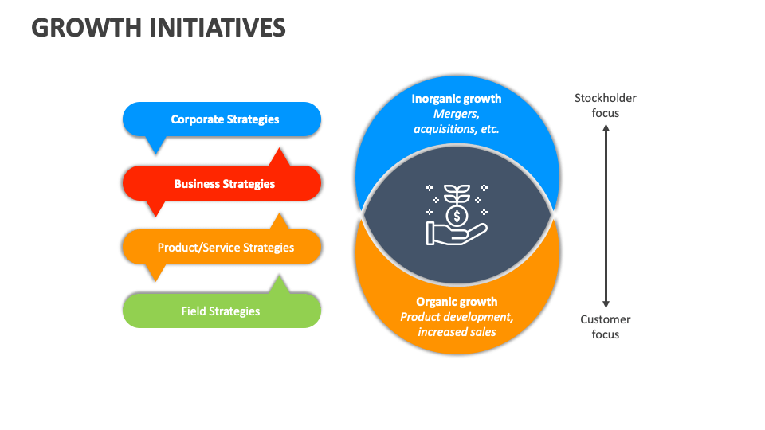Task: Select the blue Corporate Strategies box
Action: point(222,119)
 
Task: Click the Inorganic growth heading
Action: point(457,99)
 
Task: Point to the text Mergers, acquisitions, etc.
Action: point(457,121)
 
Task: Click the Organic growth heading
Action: point(457,302)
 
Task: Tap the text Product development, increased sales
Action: point(457,324)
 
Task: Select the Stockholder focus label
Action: point(606,105)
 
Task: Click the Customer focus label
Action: point(606,326)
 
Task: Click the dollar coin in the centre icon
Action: point(457,216)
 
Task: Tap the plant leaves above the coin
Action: point(457,193)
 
